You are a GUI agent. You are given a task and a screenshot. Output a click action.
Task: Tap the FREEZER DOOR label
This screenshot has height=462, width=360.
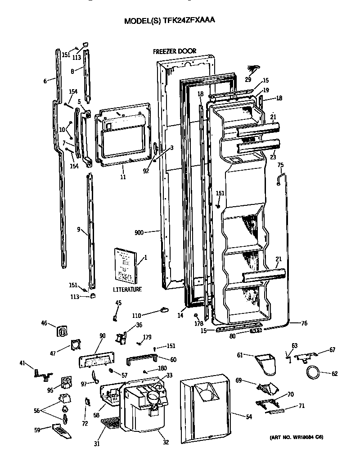tap(174, 51)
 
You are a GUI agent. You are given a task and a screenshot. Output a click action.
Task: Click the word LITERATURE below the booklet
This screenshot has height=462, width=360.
tap(127, 290)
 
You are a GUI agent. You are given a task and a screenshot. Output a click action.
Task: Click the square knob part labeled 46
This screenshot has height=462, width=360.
tap(62, 331)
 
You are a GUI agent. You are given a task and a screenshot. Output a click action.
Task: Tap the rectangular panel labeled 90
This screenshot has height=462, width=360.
tap(96, 361)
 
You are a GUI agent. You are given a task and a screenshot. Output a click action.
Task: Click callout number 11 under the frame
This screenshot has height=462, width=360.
tap(122, 177)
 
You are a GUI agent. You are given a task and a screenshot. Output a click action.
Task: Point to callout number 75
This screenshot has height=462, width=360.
tap(280, 165)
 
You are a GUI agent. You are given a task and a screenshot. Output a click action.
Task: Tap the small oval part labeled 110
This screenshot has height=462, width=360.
tap(164, 309)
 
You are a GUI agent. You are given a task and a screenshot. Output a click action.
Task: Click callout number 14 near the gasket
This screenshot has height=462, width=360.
tap(180, 316)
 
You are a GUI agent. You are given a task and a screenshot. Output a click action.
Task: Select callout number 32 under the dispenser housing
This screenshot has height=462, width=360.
tap(166, 442)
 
